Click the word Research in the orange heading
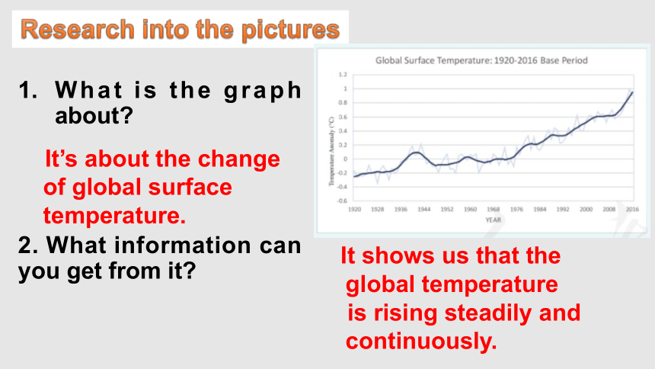click(77, 29)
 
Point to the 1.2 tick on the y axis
click(343, 75)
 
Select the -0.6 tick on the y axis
click(342, 201)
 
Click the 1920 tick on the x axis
click(354, 209)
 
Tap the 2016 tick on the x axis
click(632, 209)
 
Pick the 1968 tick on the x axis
click(493, 209)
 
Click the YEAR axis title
click(493, 220)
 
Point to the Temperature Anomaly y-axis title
click(331, 152)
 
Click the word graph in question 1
click(262, 91)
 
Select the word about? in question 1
click(94, 115)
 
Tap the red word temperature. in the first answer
click(114, 216)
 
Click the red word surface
click(190, 187)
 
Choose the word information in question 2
click(183, 245)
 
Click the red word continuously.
click(421, 342)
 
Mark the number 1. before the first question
click(28, 91)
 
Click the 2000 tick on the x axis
click(586, 209)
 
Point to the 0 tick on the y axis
click(346, 159)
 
